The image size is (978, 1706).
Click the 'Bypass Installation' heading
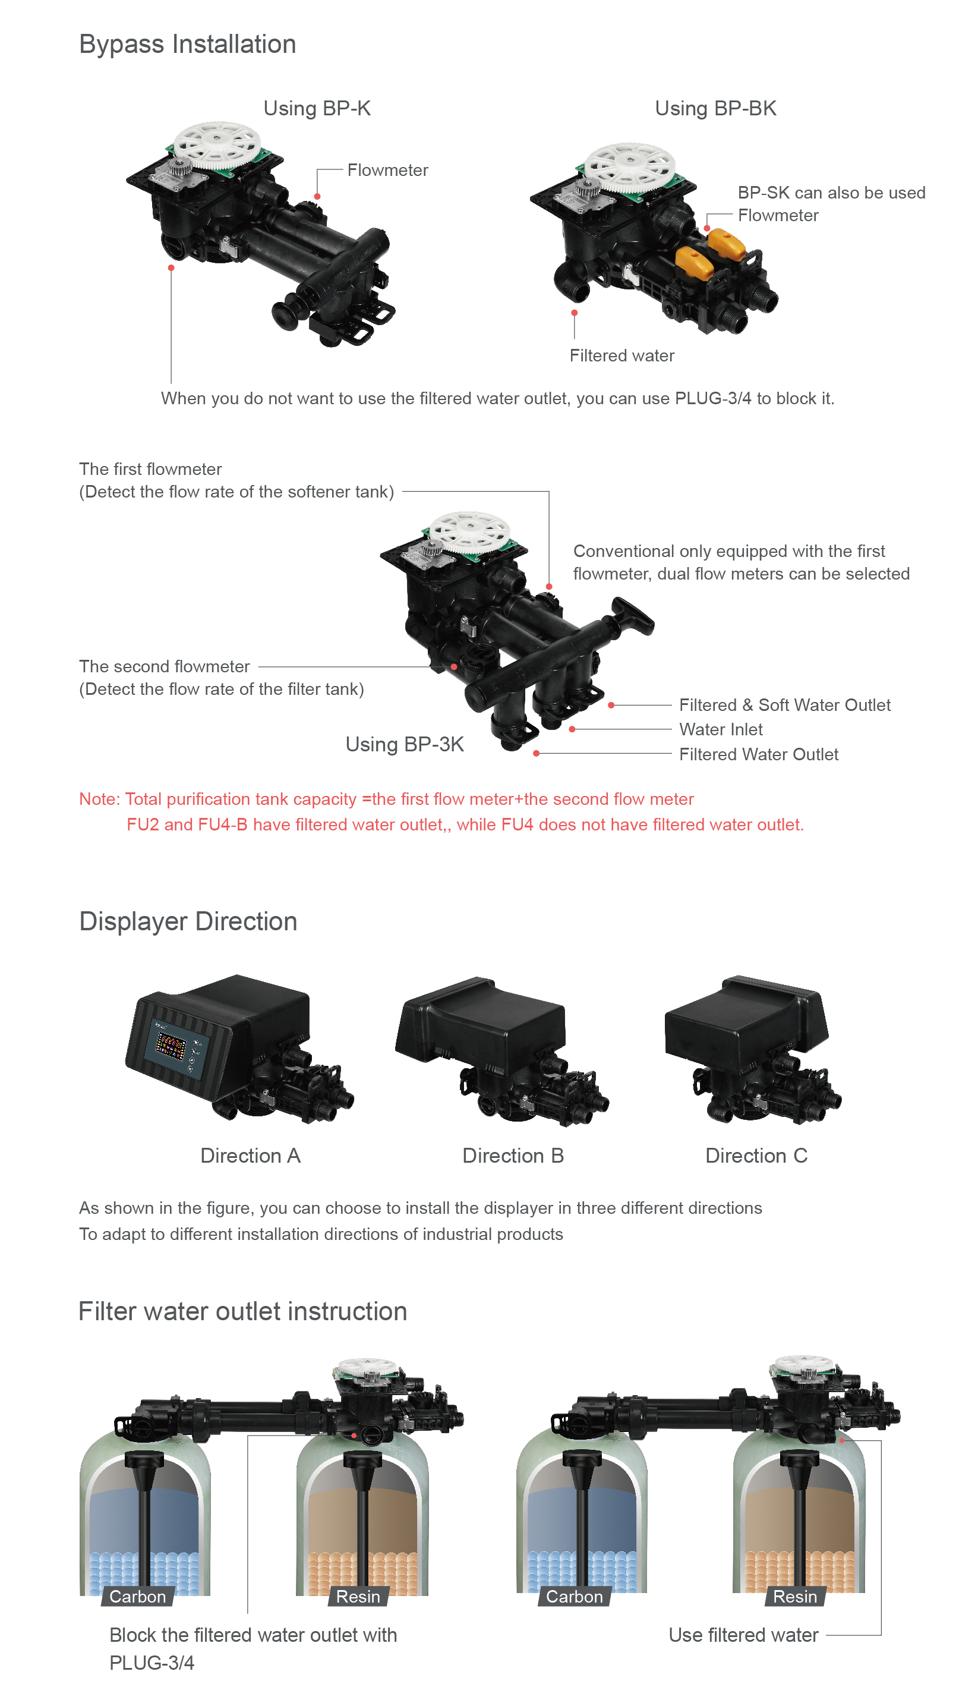pos(187,45)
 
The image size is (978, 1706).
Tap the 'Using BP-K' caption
pos(317,108)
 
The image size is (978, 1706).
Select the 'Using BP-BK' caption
pos(715,108)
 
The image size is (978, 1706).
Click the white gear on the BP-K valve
pos(216,145)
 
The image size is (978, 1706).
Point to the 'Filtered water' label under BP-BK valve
pos(622,355)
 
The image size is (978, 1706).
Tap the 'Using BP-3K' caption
pos(405,744)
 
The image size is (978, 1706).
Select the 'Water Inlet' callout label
pos(721,729)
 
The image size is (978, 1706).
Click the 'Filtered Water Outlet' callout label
pos(758,754)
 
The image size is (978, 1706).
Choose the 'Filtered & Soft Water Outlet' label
pos(784,705)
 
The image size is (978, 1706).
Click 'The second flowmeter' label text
pos(165,666)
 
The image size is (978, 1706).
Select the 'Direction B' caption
pos(513,1156)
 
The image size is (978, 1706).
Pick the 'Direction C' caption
pos(756,1156)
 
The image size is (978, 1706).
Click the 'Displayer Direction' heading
pos(188,921)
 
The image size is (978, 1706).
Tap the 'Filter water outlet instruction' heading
pos(242,1311)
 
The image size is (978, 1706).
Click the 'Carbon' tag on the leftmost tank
pos(138,1597)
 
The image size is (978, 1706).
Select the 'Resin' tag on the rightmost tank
pos(796,1597)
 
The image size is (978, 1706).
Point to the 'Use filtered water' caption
pos(743,1635)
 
